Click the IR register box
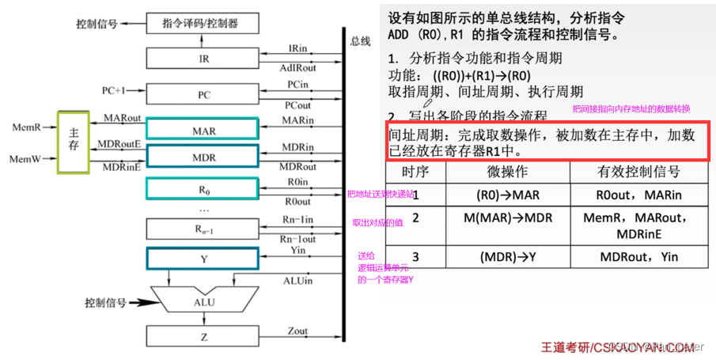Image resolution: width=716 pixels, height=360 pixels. click(x=203, y=59)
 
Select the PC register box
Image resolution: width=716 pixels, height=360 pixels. click(x=203, y=94)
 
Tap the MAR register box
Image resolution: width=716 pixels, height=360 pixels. click(x=203, y=130)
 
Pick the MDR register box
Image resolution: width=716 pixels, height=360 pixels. click(x=203, y=157)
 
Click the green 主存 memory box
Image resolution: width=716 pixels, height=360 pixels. click(x=74, y=142)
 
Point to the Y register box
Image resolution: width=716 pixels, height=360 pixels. click(x=203, y=258)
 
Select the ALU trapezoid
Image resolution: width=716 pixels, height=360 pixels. click(x=203, y=302)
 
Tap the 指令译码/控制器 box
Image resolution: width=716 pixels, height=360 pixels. click(x=203, y=24)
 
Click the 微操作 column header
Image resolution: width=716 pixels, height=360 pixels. click(x=506, y=172)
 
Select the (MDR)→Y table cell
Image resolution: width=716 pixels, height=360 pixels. click(x=507, y=256)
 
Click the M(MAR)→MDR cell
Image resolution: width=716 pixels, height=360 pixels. click(x=507, y=218)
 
